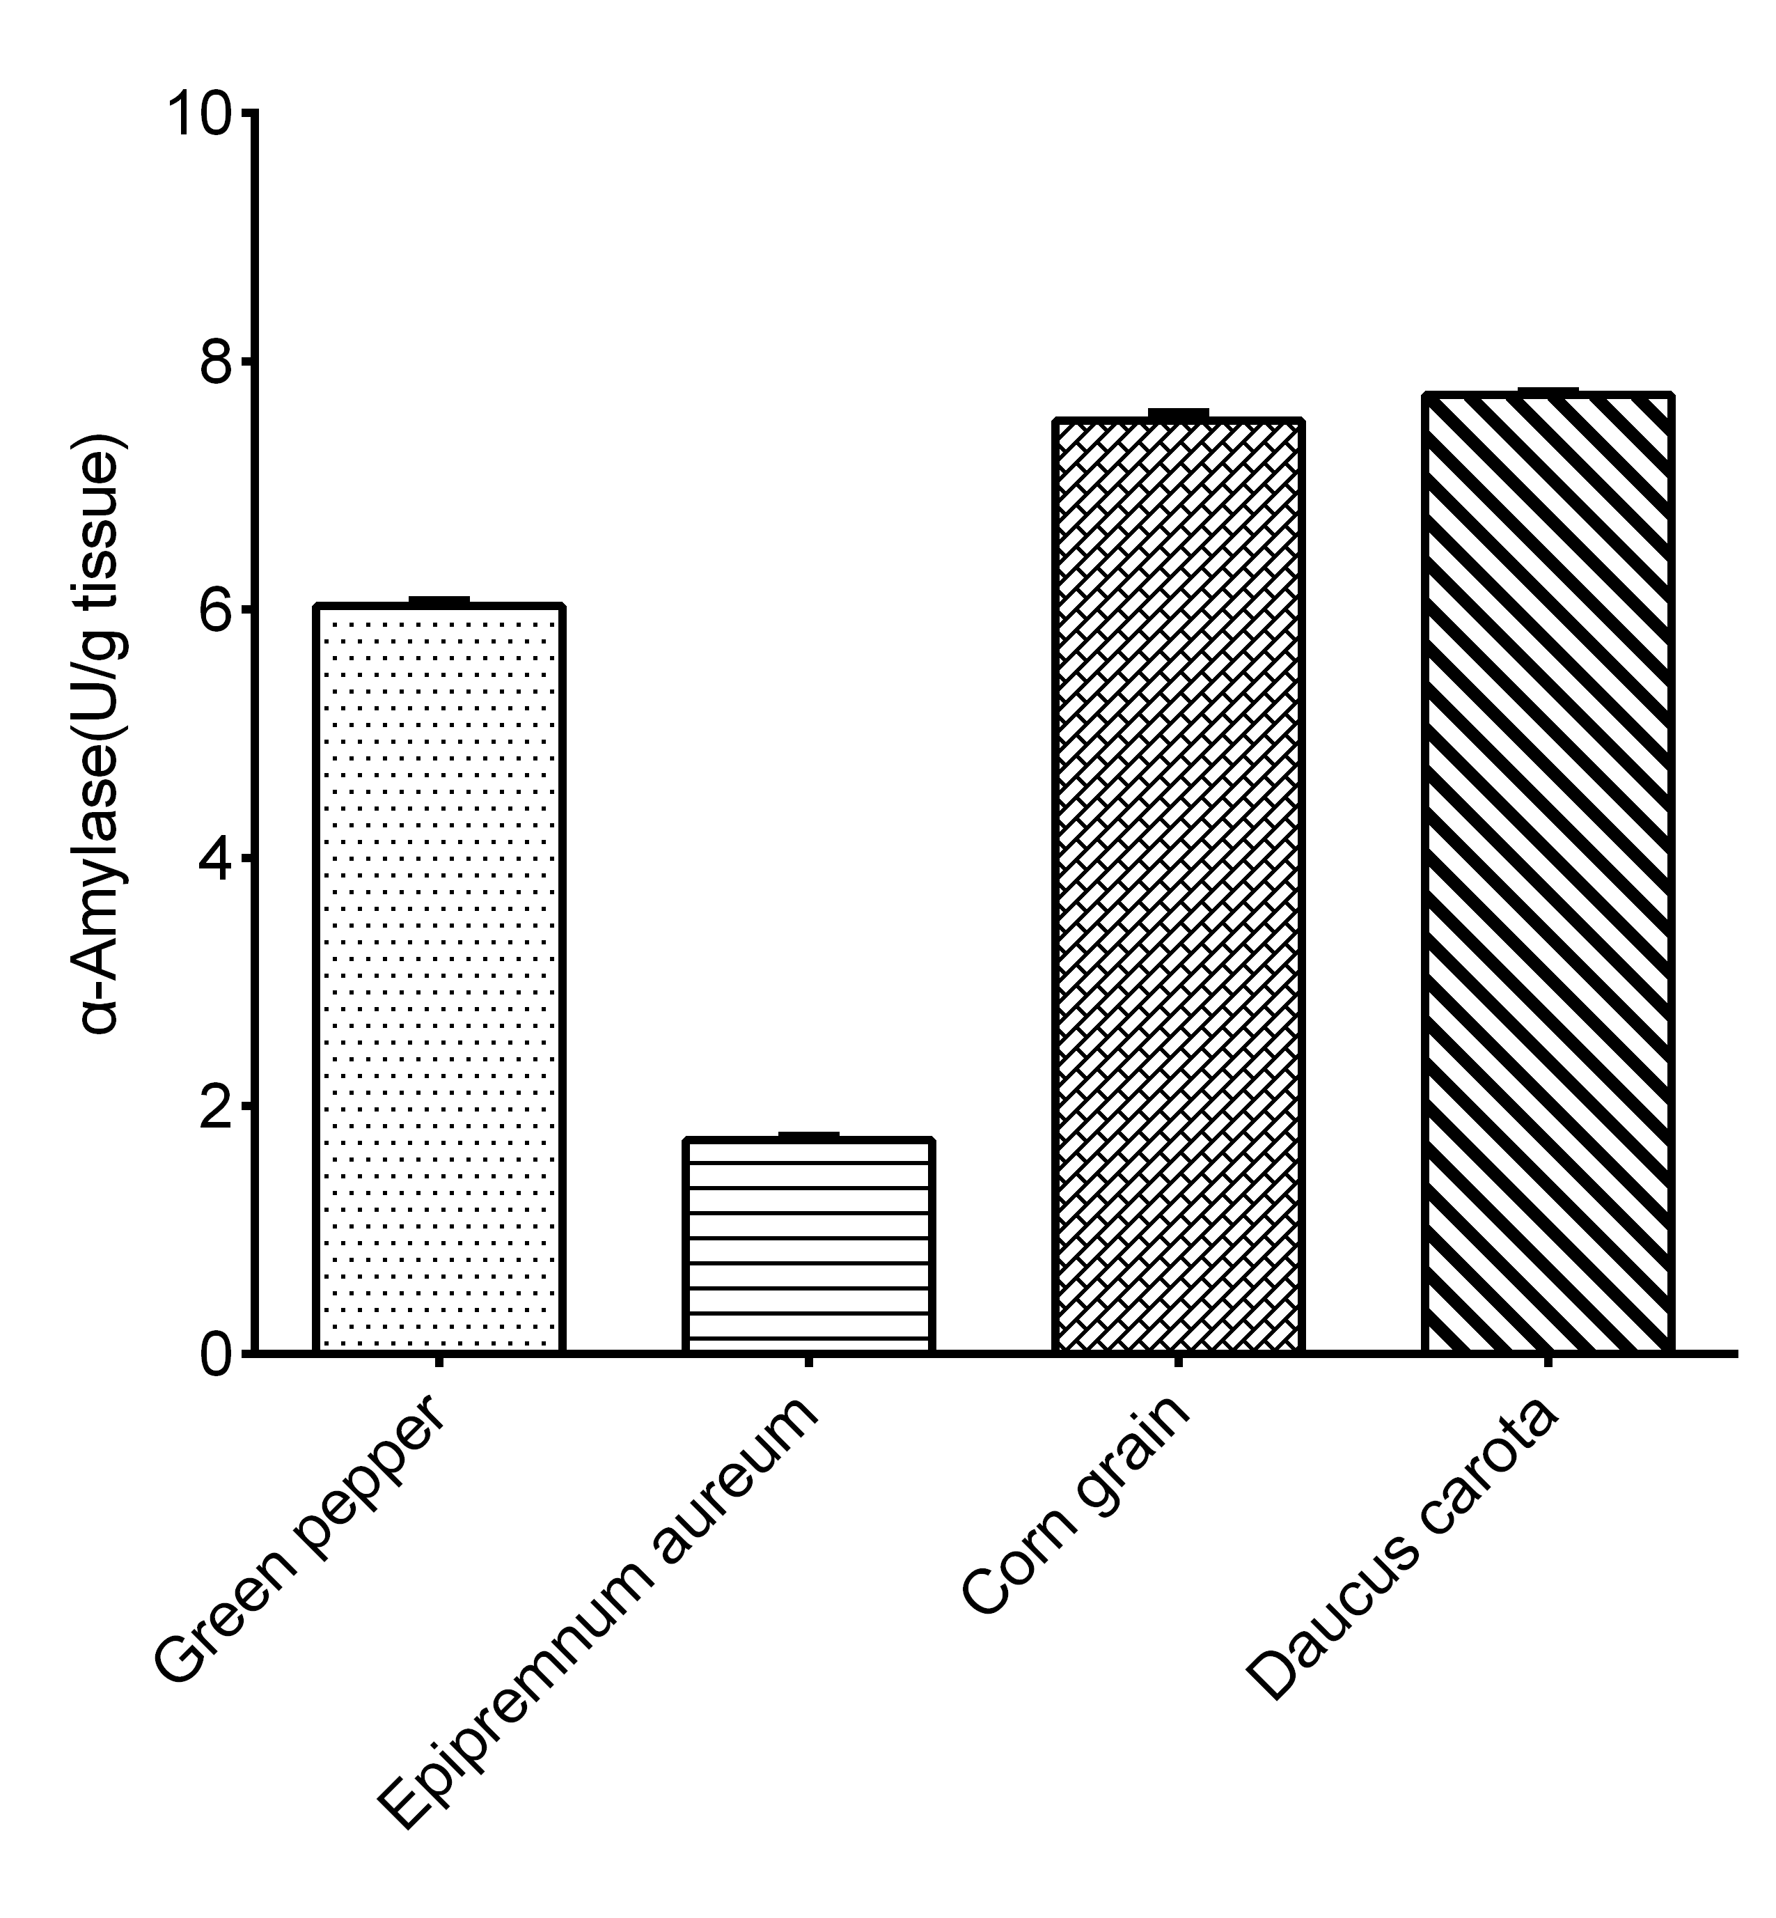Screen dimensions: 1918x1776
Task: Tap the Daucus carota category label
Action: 1403,1548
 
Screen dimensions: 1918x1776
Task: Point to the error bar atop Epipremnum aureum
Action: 808,1135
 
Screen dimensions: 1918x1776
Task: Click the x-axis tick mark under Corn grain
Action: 1178,1362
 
